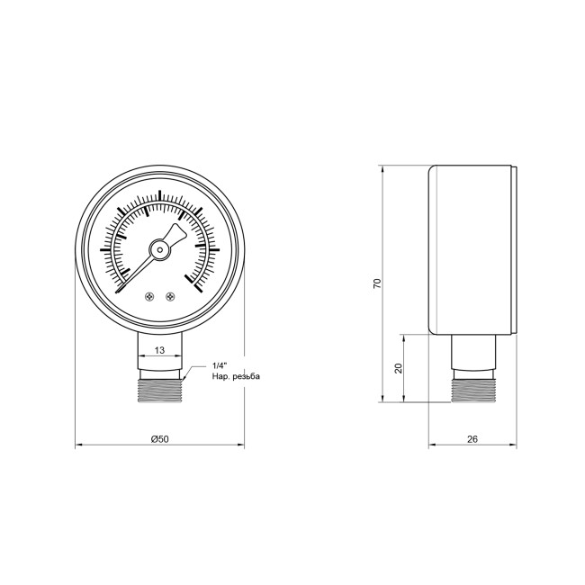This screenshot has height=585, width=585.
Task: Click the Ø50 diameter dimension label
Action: pos(158,438)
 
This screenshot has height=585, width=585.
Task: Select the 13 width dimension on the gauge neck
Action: pos(158,348)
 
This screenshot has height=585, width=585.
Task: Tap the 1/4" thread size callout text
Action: pos(219,365)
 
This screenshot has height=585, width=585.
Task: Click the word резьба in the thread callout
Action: pos(246,376)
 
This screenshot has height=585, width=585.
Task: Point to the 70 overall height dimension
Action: pos(378,283)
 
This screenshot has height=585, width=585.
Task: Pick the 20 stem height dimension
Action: pos(397,368)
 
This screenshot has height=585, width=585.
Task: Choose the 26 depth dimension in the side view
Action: pos(472,438)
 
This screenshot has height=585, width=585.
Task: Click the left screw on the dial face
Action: pos(149,295)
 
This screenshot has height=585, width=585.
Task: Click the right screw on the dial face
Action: pos(168,295)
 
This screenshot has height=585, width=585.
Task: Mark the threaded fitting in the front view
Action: pos(159,387)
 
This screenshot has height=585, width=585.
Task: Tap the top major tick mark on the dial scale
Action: pos(159,194)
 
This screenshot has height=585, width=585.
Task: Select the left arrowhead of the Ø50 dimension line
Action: pos(77,445)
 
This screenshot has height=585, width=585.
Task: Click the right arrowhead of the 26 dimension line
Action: pos(515,445)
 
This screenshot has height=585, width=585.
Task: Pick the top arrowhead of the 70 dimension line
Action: pos(385,168)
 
